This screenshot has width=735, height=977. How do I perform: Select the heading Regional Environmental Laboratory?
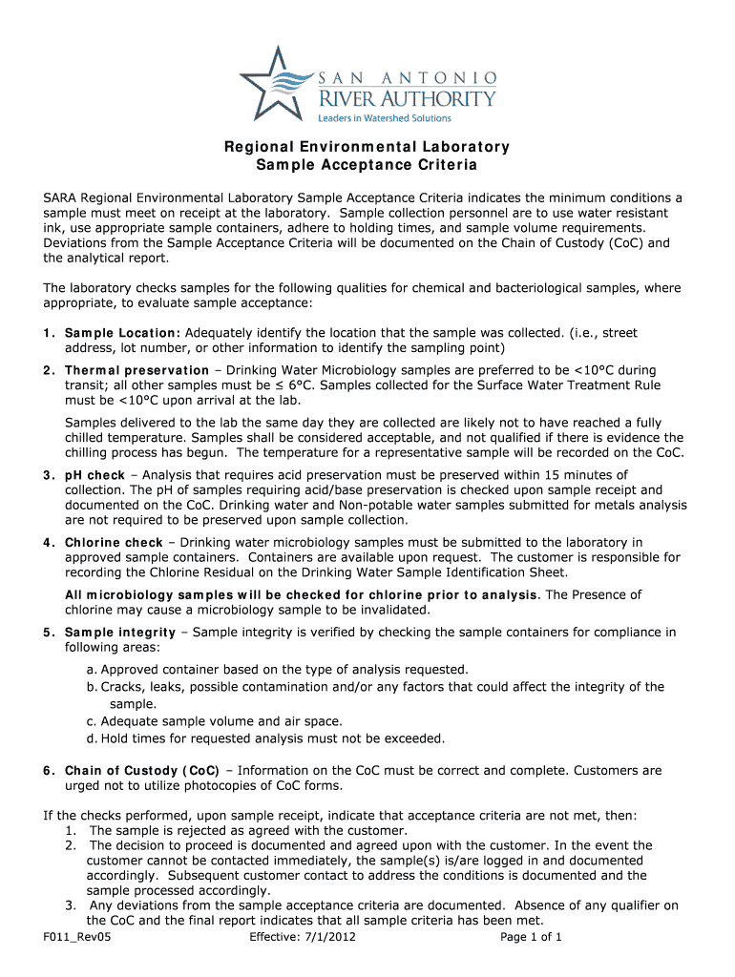[x=367, y=147]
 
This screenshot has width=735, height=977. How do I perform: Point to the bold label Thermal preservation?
[x=136, y=370]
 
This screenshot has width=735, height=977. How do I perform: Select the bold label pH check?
[x=94, y=475]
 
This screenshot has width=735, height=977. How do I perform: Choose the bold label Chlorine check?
[x=114, y=543]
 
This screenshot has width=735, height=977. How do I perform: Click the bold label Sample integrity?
[x=120, y=632]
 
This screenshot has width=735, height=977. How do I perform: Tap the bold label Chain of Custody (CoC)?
[x=142, y=770]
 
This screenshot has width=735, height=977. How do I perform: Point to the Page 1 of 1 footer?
[x=532, y=937]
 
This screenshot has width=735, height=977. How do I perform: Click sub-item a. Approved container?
[x=277, y=670]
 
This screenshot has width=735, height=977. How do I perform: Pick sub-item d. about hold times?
[x=265, y=738]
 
